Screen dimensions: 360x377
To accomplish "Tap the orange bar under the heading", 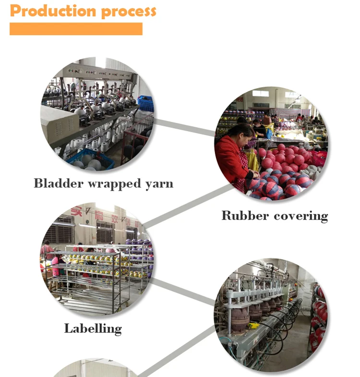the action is click(x=76, y=29).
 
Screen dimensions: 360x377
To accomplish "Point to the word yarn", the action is click(x=158, y=184).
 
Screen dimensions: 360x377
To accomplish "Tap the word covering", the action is click(x=300, y=216).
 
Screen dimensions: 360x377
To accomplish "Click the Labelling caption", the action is click(x=93, y=328).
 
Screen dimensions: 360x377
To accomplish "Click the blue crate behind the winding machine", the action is click(x=144, y=103).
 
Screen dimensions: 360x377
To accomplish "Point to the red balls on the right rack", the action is click(x=318, y=312).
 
